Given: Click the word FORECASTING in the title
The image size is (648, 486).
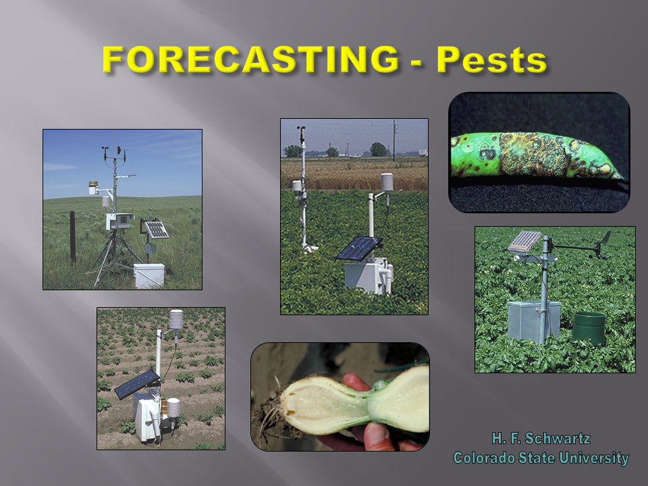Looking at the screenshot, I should pyautogui.click(x=250, y=60).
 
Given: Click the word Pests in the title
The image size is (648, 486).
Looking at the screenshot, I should pyautogui.click(x=491, y=60).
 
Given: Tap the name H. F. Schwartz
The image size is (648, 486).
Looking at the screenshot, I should pyautogui.click(x=541, y=439).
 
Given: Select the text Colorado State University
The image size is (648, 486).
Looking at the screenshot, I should pyautogui.click(x=541, y=458).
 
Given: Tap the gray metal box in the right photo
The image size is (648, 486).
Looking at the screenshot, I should pyautogui.click(x=534, y=321).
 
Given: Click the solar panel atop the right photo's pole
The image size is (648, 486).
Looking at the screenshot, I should pyautogui.click(x=526, y=241).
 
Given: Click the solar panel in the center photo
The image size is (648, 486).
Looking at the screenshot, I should pyautogui.click(x=358, y=248).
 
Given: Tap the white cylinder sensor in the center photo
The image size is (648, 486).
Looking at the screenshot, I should pyautogui.click(x=387, y=182).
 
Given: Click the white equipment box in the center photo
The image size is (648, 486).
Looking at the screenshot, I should pyautogui.click(x=368, y=275).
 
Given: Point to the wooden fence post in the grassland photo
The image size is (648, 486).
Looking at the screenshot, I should pyautogui.click(x=72, y=237).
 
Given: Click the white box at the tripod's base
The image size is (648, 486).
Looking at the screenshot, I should pyautogui.click(x=148, y=275).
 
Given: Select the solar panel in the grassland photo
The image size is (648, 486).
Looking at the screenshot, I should pyautogui.click(x=157, y=230).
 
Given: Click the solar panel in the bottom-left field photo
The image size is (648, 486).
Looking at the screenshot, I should pyautogui.click(x=136, y=384).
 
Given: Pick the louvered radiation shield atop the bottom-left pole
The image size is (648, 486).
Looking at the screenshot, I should pyautogui.click(x=176, y=319).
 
